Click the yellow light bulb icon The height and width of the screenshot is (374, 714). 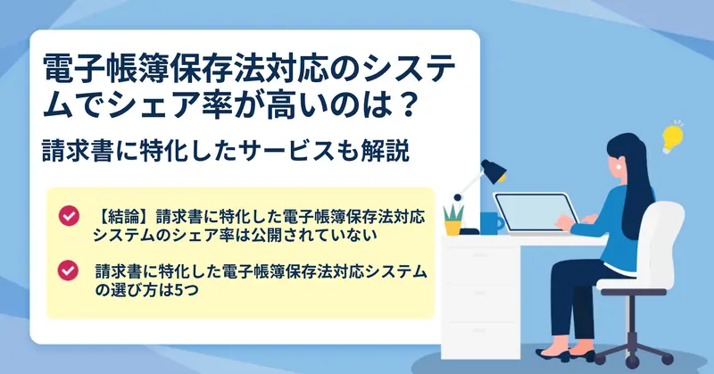tap(672, 137)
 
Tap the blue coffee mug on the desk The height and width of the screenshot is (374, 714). tap(492, 223)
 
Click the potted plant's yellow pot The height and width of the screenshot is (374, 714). tap(453, 228)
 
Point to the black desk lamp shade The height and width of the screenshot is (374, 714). tap(494, 170)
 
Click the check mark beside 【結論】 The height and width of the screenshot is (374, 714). tap(69, 216)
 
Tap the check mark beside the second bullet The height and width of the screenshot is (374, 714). tap(68, 270)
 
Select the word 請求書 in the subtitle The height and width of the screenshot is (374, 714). tap(78, 151)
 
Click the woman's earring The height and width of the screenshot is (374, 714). tap(619, 168)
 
